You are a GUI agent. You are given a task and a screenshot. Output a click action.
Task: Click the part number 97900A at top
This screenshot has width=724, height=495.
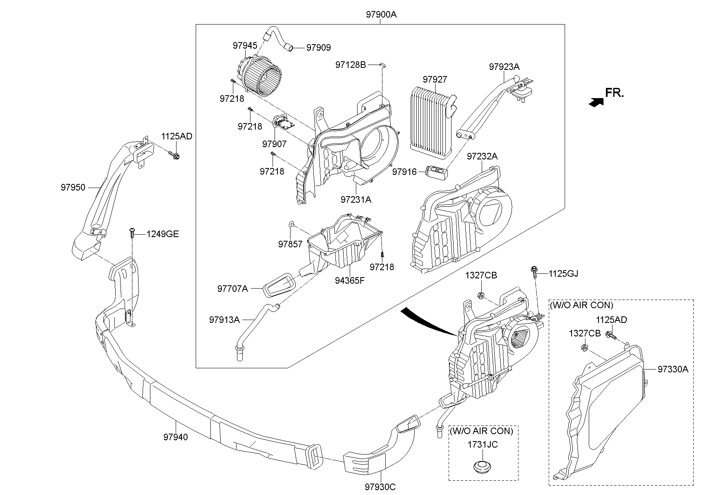point(381,15)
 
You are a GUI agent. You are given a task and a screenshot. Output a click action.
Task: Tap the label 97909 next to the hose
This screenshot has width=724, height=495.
point(318,48)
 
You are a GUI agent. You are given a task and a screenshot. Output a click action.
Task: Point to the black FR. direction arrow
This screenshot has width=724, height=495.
point(596,103)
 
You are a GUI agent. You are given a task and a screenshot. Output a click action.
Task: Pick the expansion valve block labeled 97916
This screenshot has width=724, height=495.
point(437,172)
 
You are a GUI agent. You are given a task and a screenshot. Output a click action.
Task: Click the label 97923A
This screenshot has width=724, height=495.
point(504,67)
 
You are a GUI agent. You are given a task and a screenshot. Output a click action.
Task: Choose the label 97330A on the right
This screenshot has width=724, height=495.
point(673,370)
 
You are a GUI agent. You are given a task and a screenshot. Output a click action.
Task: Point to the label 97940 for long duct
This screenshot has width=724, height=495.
point(176,437)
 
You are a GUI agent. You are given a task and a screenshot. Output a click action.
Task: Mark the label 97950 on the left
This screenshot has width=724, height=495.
point(73,187)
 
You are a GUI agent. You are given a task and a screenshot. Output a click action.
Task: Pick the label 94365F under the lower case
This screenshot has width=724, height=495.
point(350,280)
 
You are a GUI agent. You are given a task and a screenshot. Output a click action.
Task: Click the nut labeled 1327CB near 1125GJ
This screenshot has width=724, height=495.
point(481,295)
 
